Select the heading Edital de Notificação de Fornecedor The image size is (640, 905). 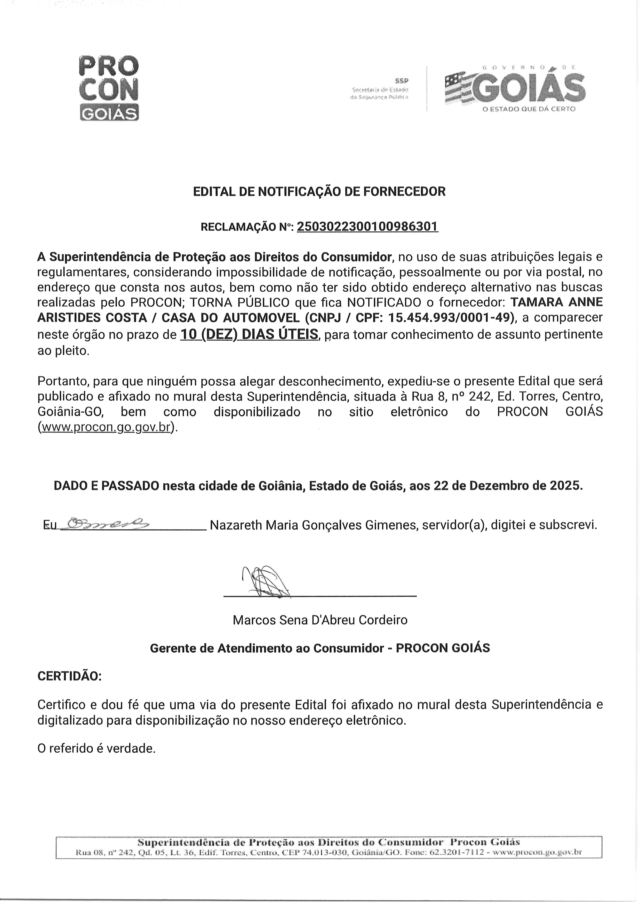pyautogui.click(x=319, y=192)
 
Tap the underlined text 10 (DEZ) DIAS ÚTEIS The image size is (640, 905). pyautogui.click(x=249, y=334)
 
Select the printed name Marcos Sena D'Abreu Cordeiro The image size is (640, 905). pyautogui.click(x=320, y=620)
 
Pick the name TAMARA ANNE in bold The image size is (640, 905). pyautogui.click(x=556, y=302)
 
